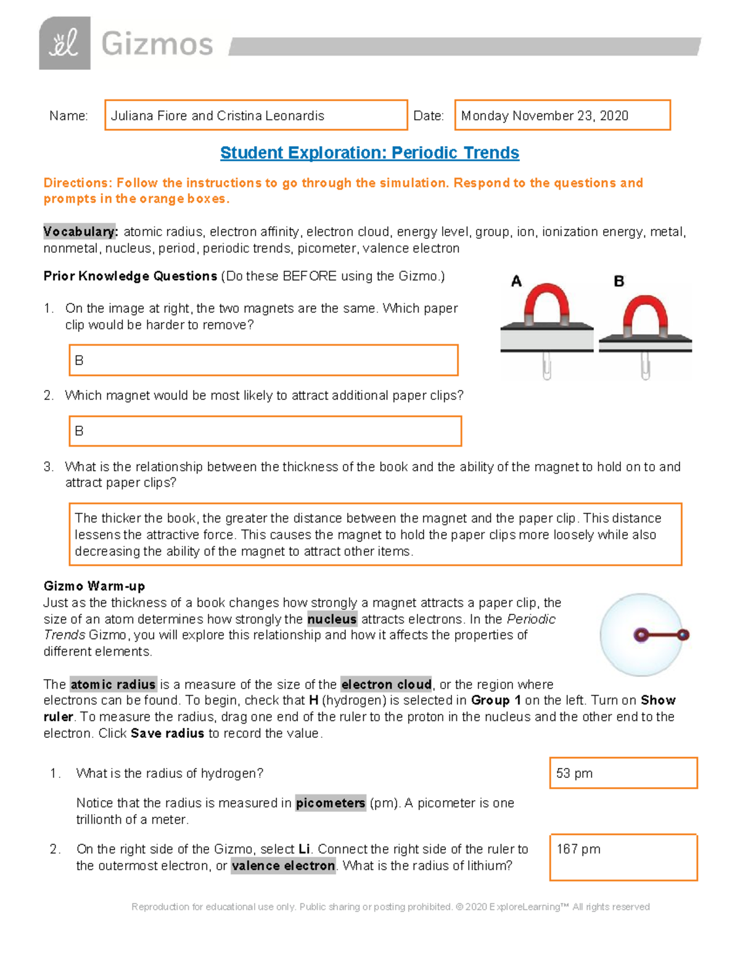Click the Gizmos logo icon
[65, 43]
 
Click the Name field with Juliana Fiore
[256, 115]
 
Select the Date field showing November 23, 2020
[562, 115]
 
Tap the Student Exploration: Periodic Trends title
[369, 153]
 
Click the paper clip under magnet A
[546, 366]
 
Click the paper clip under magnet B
[645, 366]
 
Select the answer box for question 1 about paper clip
[263, 360]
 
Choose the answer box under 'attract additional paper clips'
[265, 431]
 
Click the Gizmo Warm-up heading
[94, 586]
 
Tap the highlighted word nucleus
[332, 619]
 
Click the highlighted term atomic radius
[113, 685]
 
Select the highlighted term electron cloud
[386, 685]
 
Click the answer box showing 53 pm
[623, 774]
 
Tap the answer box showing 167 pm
[623, 857]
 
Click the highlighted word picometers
[331, 803]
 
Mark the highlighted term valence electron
[284, 866]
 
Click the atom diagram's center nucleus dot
[641, 635]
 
